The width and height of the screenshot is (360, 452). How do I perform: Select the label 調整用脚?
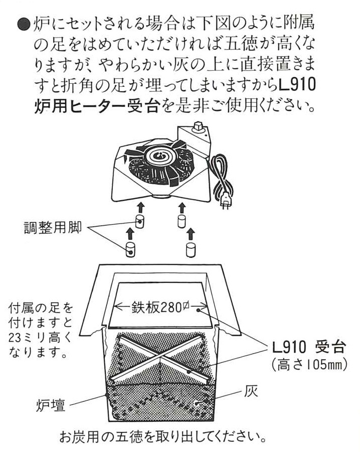[53, 228]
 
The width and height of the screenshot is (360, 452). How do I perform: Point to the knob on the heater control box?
[199, 125]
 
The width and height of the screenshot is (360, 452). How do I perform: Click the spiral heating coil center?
[159, 157]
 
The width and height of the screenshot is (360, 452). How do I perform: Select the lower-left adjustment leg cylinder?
[130, 249]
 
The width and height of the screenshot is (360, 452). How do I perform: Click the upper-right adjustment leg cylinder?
[182, 221]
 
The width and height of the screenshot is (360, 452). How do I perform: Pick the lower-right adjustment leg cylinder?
[191, 250]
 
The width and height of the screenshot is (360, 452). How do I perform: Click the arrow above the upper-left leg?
[140, 208]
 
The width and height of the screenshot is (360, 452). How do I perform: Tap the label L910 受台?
[308, 347]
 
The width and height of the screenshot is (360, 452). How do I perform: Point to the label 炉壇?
[51, 405]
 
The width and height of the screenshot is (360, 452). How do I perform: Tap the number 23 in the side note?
[15, 338]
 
